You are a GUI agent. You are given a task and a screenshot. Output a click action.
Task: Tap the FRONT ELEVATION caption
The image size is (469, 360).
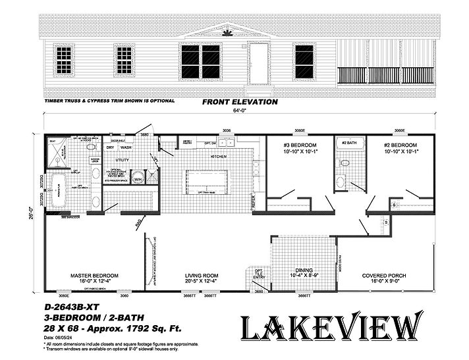239,103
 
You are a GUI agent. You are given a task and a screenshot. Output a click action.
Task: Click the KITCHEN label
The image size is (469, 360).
218,157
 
